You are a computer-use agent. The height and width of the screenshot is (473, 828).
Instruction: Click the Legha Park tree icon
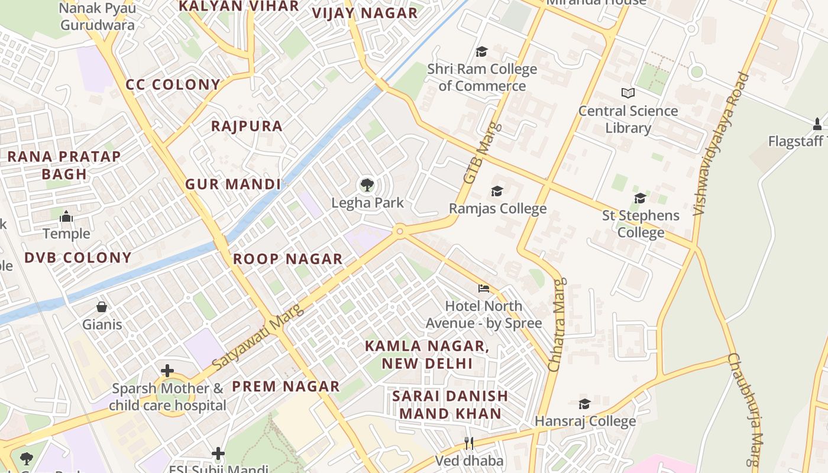[x=367, y=185]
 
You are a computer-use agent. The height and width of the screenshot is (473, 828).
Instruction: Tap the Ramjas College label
[x=497, y=209]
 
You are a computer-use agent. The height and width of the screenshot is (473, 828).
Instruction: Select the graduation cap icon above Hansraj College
[x=584, y=404]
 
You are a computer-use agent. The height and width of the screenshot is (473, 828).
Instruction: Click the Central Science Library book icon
[x=628, y=93]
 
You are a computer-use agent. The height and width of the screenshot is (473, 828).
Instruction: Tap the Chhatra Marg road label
[x=557, y=325]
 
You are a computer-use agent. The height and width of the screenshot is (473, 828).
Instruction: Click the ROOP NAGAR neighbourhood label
[x=287, y=259]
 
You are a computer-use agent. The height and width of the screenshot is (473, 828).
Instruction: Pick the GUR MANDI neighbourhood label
[x=233, y=184]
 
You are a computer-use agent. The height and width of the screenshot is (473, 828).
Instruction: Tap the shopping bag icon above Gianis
[x=102, y=307]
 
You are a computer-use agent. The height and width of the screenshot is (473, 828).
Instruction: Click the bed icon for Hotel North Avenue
[x=484, y=289]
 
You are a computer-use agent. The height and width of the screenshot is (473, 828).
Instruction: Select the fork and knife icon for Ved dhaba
[x=469, y=443]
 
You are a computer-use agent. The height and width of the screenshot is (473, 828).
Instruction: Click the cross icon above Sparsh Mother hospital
[x=167, y=371]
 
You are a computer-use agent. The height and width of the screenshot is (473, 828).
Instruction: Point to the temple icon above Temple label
[x=66, y=216]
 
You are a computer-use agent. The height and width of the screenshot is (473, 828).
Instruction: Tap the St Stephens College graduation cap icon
[x=640, y=198]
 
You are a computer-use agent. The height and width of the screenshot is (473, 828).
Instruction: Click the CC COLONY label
[x=173, y=85]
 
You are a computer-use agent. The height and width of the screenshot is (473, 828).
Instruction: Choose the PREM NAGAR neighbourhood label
[x=286, y=387]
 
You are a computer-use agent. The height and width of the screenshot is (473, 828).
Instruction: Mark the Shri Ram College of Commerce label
[x=482, y=77]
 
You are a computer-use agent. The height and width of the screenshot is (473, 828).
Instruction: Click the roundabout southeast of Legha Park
[x=400, y=231]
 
